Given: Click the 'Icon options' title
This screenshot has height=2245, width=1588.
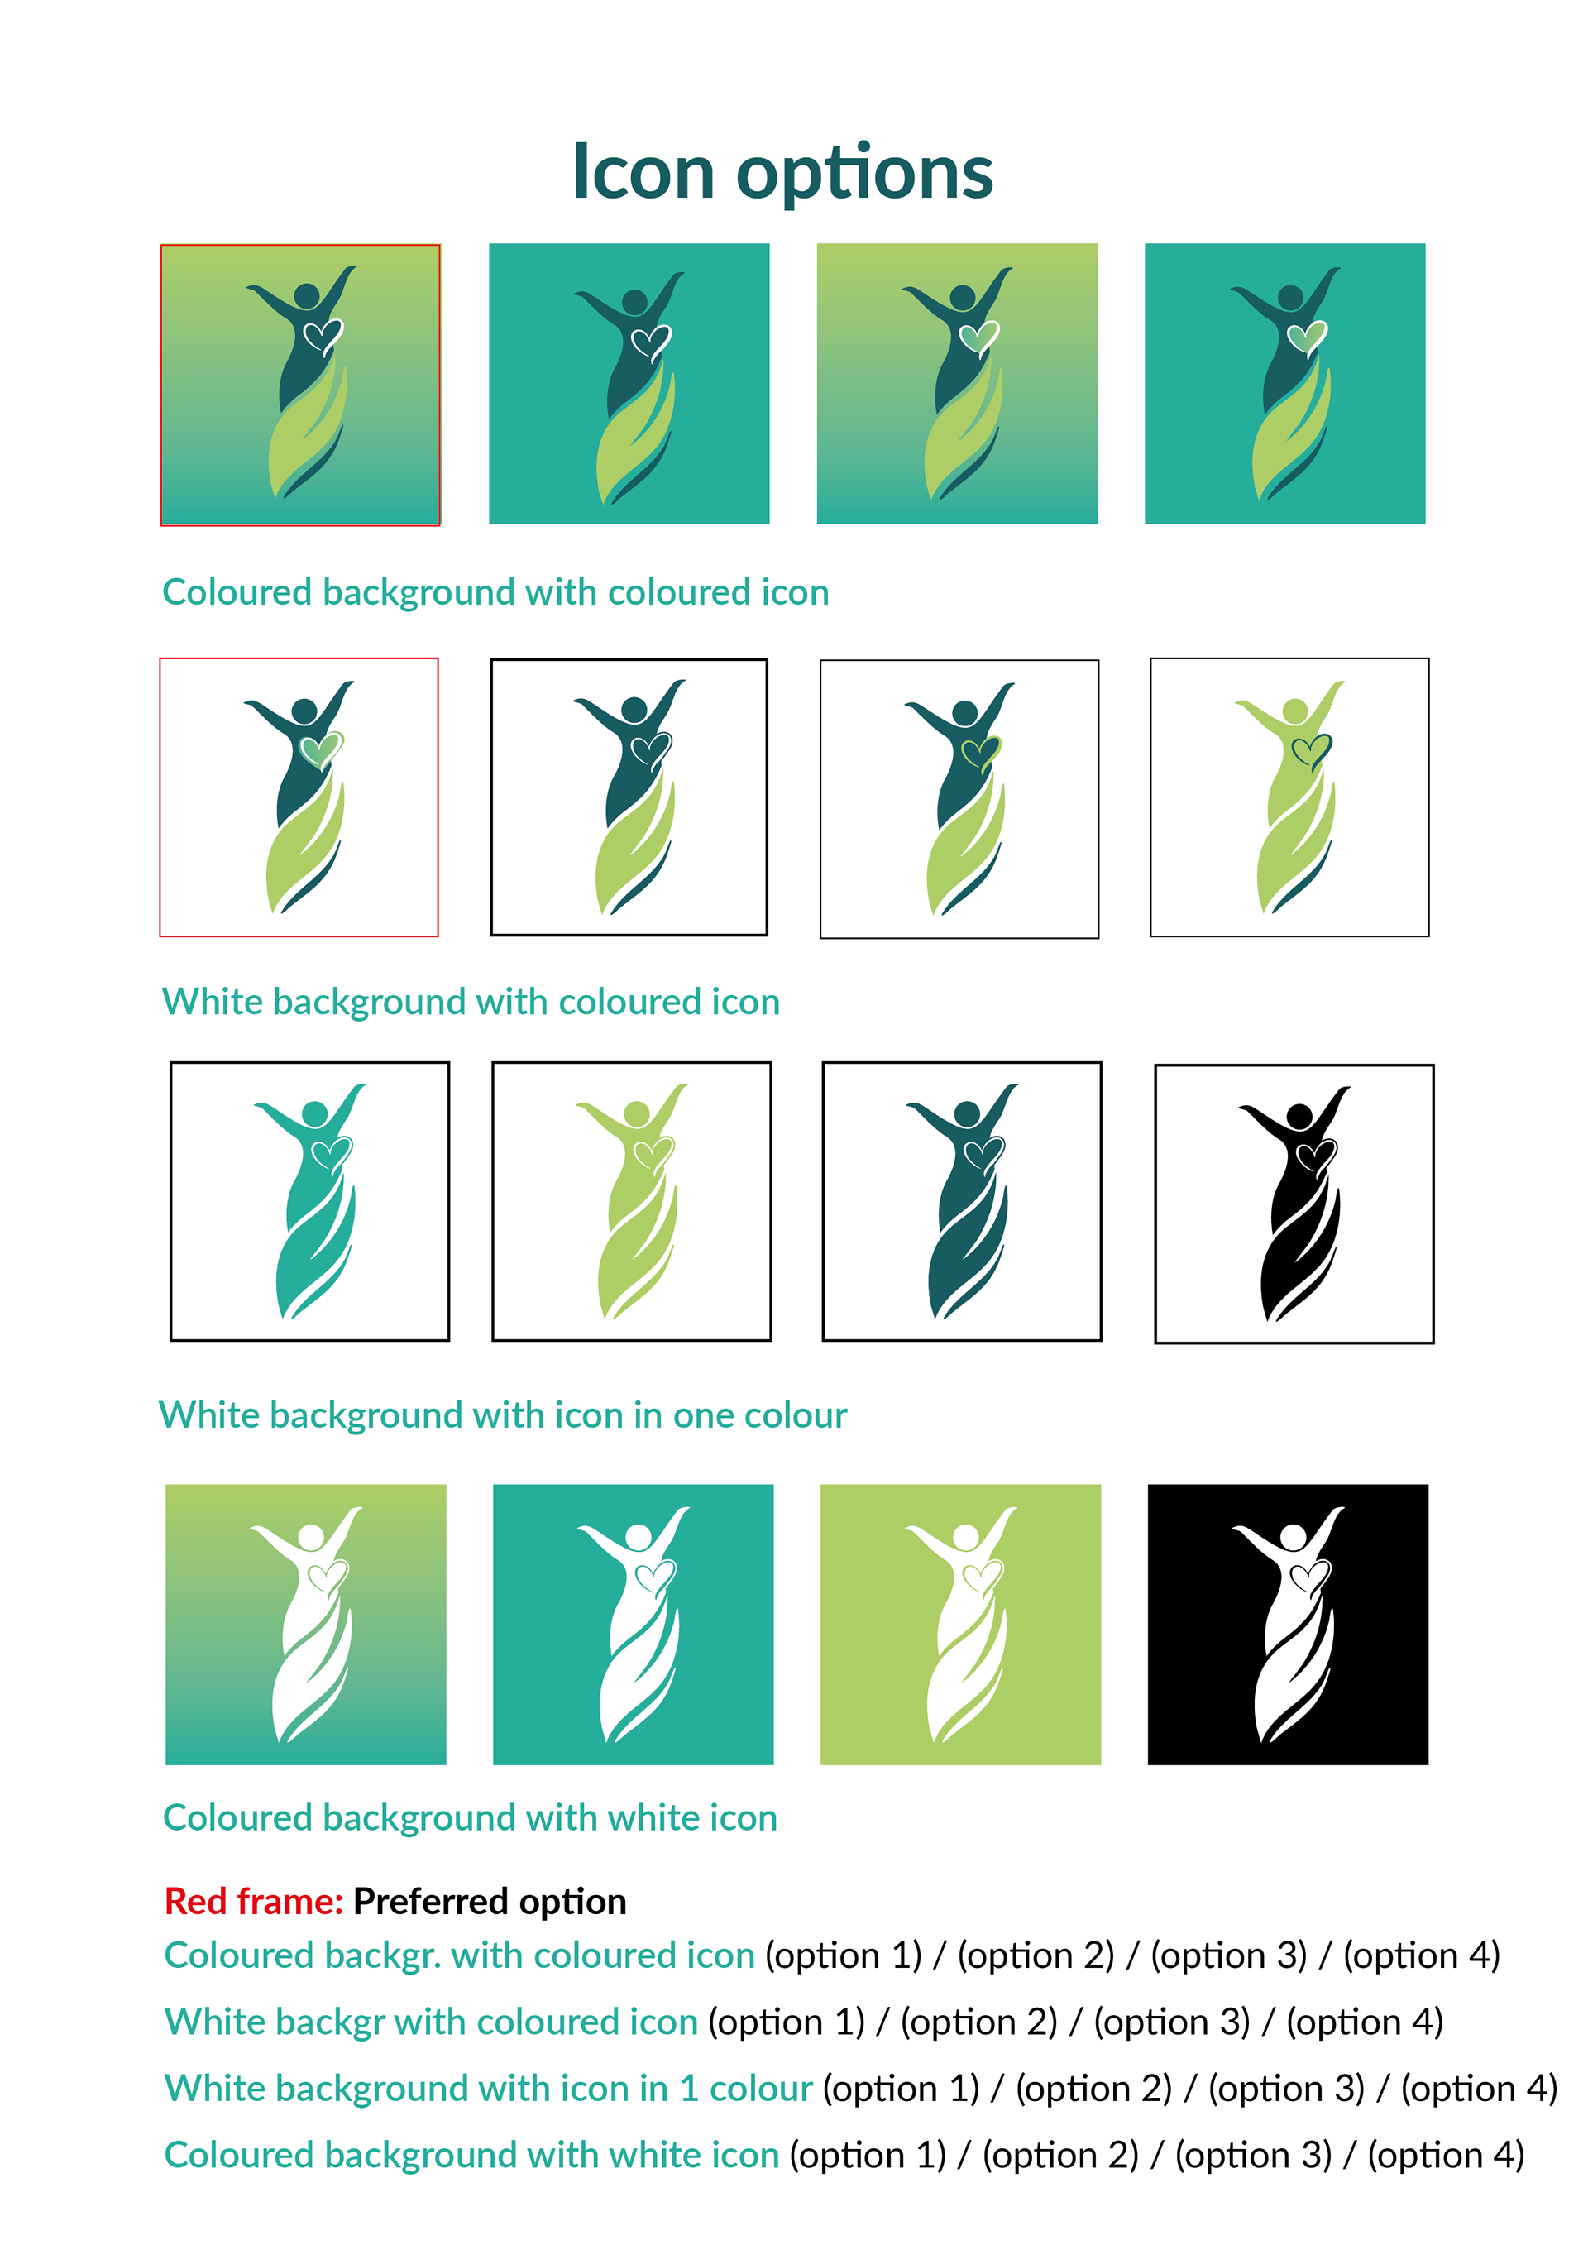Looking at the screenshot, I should point(782,173).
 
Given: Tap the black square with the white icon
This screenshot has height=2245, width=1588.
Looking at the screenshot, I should point(1287,1624).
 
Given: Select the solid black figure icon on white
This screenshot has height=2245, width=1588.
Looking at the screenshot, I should point(1294,1204).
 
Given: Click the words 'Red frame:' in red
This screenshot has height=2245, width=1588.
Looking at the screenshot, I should point(253,1901).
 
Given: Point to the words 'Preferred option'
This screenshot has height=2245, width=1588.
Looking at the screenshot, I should point(489,1901).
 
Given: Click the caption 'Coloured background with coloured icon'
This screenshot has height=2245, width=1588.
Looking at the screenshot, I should point(495,592).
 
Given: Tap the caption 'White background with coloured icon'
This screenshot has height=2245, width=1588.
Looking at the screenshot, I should point(471,1003).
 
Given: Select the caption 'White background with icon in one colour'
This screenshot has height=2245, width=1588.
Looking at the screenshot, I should point(503,1414).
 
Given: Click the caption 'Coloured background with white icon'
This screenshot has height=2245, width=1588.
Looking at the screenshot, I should point(469,1817).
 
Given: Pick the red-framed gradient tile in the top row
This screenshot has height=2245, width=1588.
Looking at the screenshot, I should point(300,385).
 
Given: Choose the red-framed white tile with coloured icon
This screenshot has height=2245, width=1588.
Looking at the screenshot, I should point(299,797).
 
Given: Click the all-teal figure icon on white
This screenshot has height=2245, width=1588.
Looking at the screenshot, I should point(310,1201).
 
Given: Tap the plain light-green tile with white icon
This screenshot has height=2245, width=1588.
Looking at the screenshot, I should point(960,1624).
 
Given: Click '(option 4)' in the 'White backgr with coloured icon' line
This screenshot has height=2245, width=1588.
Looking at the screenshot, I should point(1364,2022).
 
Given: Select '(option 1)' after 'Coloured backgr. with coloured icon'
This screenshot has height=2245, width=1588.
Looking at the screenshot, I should point(843,1955).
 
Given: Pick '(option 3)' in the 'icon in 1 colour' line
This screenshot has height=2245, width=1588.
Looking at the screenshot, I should point(1286,2089).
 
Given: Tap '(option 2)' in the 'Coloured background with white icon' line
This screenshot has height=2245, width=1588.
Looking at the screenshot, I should point(1060,2155).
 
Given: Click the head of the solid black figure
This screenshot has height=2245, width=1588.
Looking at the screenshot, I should point(1299,1116).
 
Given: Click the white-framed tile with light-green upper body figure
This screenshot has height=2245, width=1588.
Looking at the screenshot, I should point(1289,797).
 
